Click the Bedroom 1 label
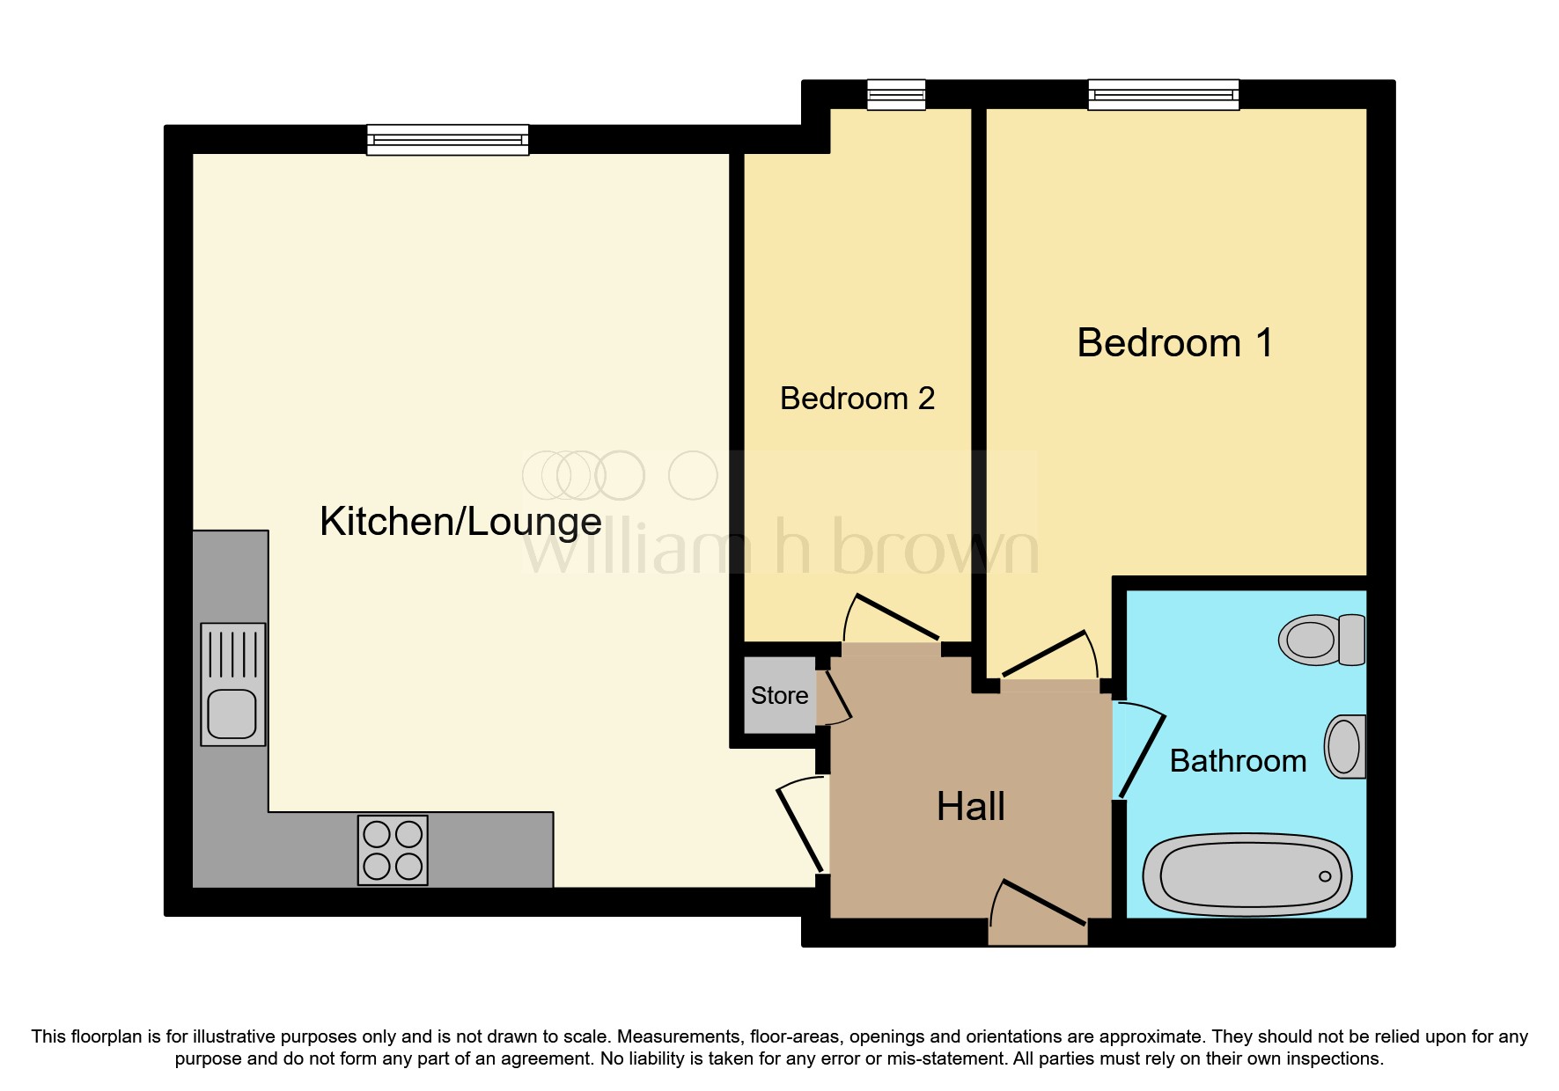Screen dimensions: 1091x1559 (1174, 343)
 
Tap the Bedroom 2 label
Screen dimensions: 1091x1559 (857, 399)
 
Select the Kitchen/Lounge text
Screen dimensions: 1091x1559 (460, 522)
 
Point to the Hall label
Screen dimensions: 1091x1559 (970, 807)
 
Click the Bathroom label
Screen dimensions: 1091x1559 (1237, 761)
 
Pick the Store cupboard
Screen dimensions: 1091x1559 (779, 695)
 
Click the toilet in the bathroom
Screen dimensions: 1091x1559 (1321, 640)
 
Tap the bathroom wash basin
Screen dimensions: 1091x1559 (1345, 746)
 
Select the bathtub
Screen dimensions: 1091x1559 (1246, 875)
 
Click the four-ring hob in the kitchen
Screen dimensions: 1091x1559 (393, 850)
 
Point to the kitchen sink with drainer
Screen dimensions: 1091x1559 (232, 685)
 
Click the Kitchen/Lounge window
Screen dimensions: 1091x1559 (447, 140)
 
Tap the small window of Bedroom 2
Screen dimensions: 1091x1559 (895, 95)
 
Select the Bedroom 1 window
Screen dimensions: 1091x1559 (1163, 95)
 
